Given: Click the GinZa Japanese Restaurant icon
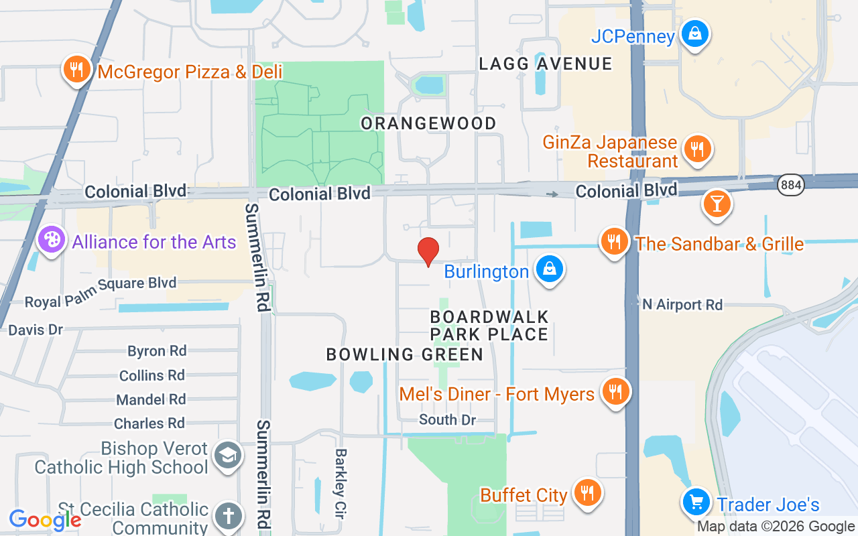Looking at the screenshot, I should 698,149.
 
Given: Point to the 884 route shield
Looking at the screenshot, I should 791,185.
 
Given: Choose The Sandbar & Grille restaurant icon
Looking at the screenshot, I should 614,241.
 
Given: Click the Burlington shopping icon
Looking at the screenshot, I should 550,269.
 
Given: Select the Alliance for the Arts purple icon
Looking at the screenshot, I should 52,240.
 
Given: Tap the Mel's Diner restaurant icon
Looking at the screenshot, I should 615,391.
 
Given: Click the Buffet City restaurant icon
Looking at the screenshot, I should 588,493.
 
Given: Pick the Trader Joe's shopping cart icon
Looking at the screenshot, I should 696,502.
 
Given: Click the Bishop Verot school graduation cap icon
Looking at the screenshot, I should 228,456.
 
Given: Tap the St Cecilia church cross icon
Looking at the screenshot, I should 228,517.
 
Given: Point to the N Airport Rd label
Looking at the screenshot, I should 682,305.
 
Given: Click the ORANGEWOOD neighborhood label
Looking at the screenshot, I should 429,123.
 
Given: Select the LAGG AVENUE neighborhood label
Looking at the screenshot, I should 546,64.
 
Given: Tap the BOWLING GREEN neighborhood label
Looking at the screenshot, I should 405,354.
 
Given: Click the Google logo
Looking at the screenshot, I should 45,520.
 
